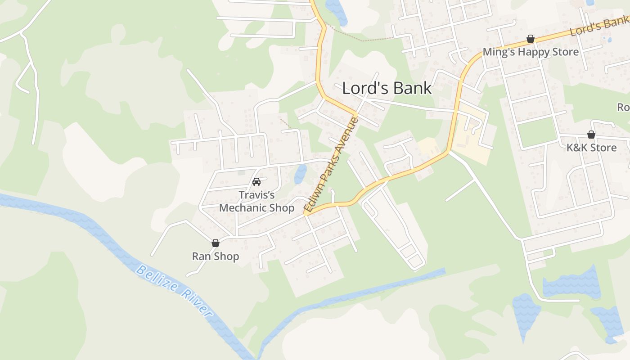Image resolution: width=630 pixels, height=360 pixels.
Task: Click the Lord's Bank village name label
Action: pos(387,88)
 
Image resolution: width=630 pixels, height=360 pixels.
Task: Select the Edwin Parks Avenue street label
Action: pos(331,165)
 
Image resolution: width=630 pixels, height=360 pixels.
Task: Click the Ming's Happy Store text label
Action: pos(531,52)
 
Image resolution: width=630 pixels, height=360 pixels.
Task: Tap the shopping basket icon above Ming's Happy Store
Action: pos(531,39)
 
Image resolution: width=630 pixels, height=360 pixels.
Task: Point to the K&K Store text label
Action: pos(591,148)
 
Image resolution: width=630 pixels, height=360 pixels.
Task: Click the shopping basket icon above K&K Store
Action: pos(591,135)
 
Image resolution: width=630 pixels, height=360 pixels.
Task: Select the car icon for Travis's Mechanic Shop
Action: pos(256,182)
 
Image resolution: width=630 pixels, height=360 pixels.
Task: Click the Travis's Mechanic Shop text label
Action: pos(256,201)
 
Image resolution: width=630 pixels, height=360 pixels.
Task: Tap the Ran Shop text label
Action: pos(216,256)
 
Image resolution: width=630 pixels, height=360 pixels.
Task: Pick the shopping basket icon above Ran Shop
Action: pos(216,243)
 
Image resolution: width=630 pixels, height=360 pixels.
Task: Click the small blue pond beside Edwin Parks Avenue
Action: pos(300,174)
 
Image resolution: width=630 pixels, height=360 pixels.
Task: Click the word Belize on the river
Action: pos(155,278)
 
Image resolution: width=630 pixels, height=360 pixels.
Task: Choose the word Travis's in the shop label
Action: pos(256,195)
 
